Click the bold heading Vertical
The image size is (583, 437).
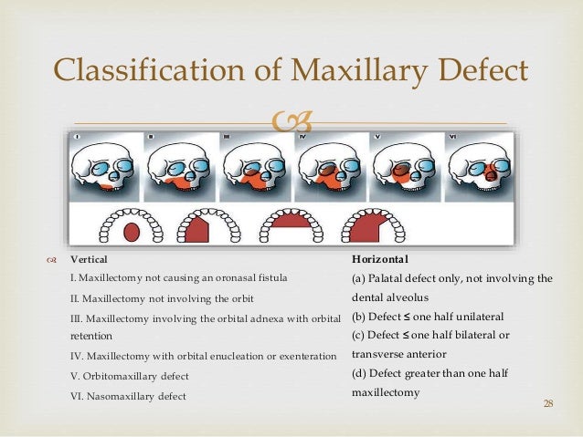(88, 260)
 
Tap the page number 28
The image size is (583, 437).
(548, 403)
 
